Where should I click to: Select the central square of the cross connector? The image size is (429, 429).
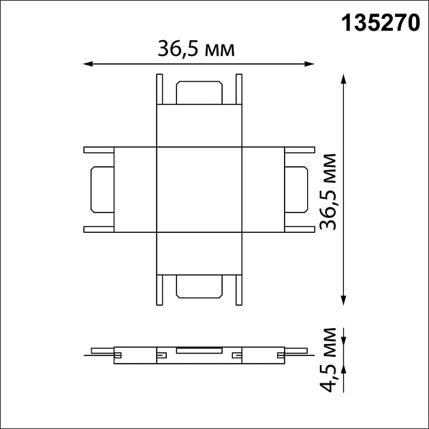[x=199, y=189]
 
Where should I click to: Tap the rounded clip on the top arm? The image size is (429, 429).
[x=199, y=93]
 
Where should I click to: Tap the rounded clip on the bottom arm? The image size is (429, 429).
[x=199, y=287]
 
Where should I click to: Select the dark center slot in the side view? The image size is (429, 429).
[x=199, y=351]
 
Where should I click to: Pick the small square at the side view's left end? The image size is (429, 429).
[x=118, y=355]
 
